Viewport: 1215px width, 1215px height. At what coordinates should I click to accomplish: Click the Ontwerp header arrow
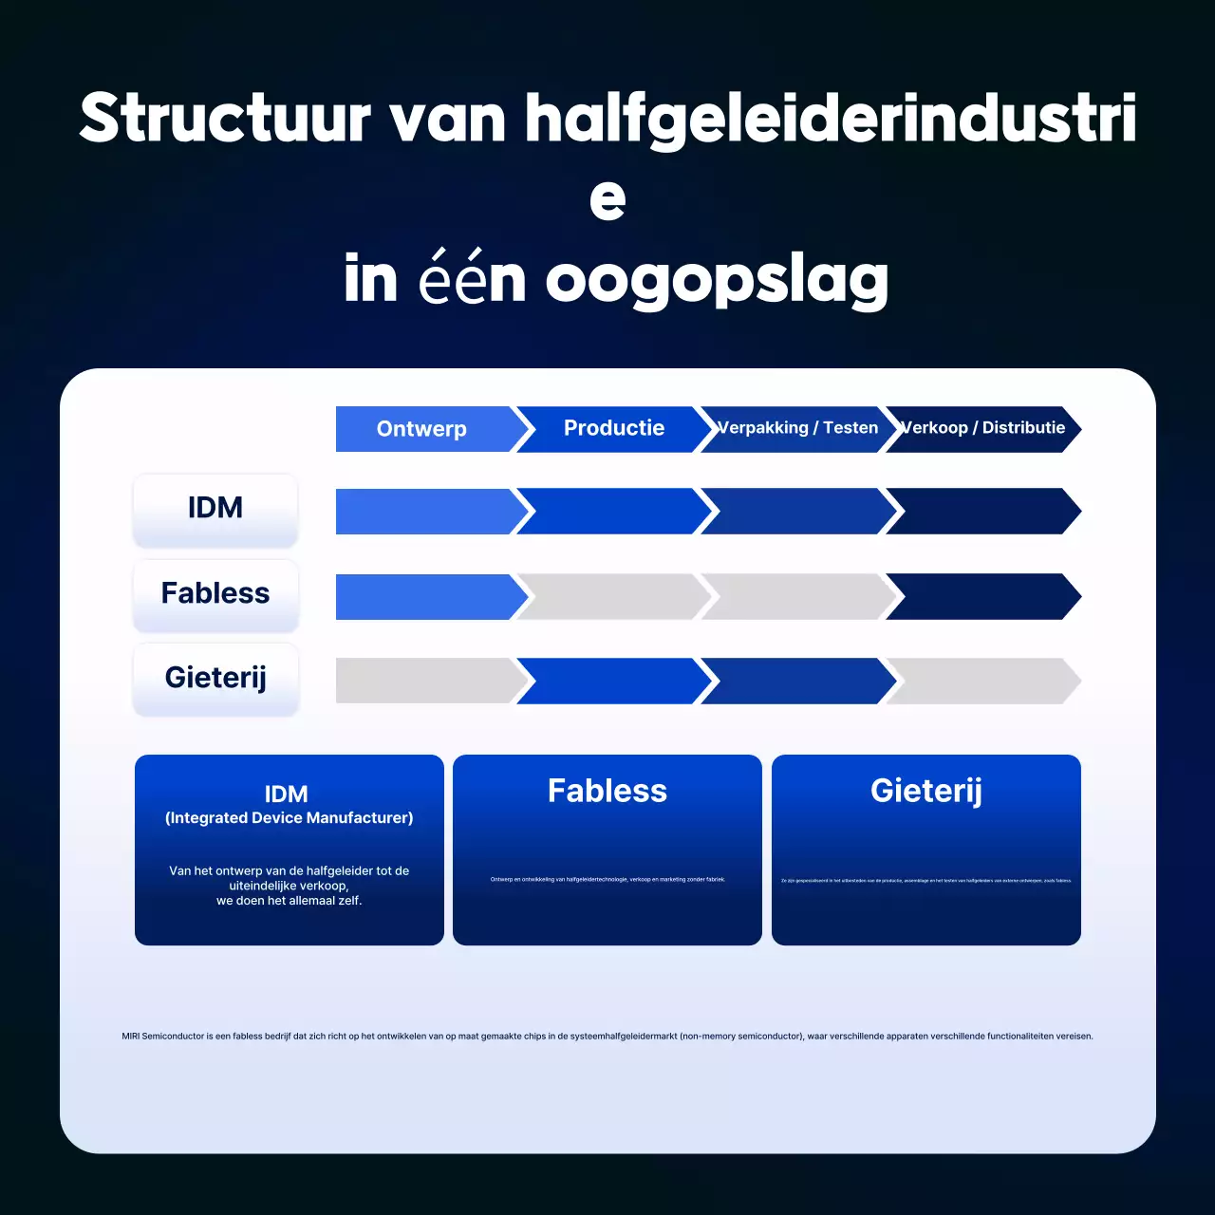pyautogui.click(x=422, y=429)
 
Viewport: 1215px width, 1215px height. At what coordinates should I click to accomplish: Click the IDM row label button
pyautogui.click(x=215, y=510)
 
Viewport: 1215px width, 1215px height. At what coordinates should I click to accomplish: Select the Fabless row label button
pyautogui.click(x=215, y=594)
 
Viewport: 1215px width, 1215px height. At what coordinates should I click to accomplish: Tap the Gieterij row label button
pyautogui.click(x=215, y=679)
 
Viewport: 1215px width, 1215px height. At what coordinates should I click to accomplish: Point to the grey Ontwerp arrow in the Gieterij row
pyautogui.click(x=424, y=681)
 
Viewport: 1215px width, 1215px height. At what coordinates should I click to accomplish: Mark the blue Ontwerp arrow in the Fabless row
pyautogui.click(x=424, y=597)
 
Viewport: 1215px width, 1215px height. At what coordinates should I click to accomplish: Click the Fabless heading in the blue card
pyautogui.click(x=607, y=791)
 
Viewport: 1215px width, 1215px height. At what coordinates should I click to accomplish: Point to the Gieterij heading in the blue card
pyautogui.click(x=926, y=791)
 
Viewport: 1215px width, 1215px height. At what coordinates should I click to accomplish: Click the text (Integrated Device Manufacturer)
pyautogui.click(x=290, y=818)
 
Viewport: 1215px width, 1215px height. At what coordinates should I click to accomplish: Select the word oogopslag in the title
pyautogui.click(x=717, y=280)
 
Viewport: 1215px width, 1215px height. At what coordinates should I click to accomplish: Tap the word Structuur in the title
pyautogui.click(x=225, y=119)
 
